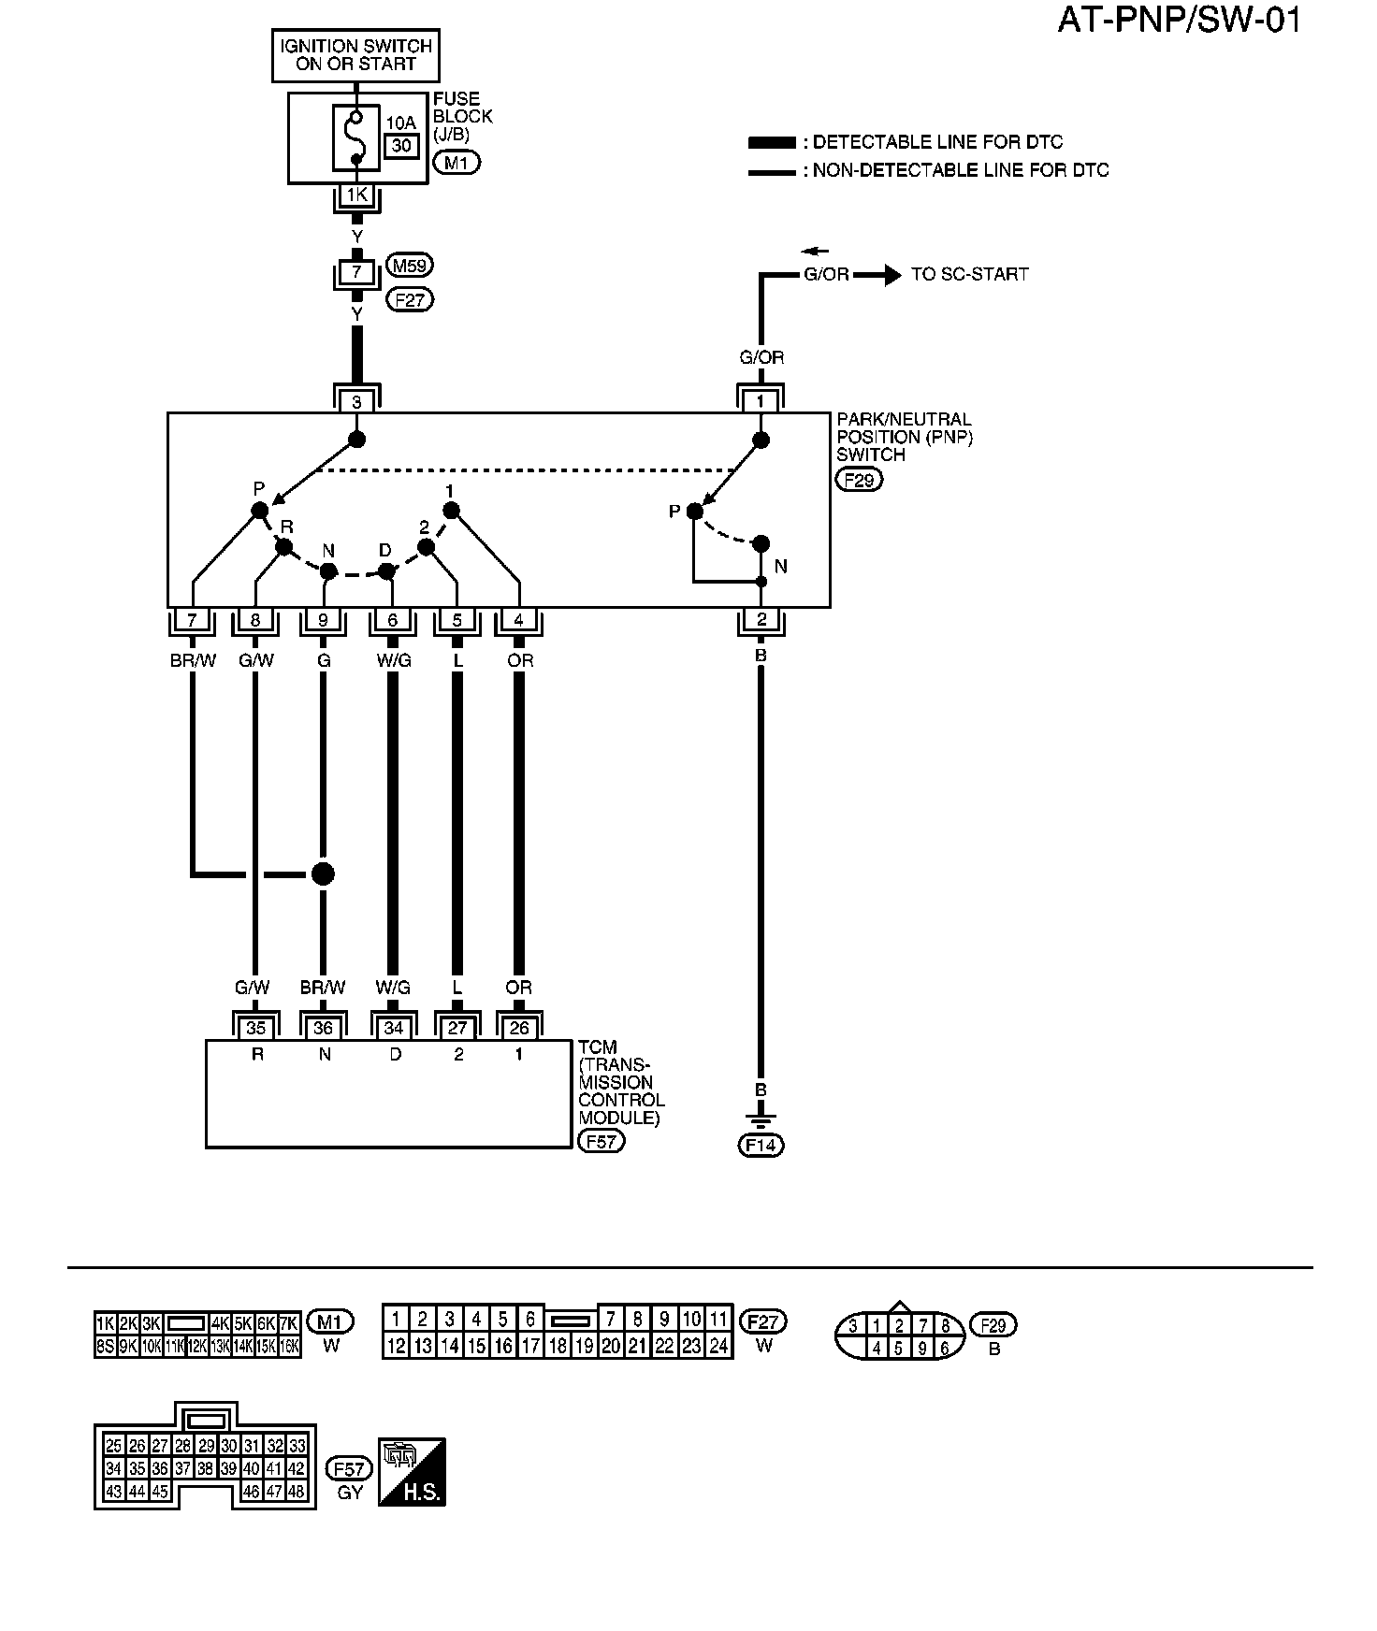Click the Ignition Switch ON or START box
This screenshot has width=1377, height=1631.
pos(355,55)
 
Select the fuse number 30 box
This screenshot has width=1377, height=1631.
pos(401,145)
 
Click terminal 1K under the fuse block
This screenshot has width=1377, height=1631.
pos(356,195)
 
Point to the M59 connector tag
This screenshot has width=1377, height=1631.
pos(410,266)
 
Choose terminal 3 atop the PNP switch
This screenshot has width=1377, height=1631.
pos(356,402)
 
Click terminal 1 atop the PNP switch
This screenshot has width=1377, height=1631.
pos(761,402)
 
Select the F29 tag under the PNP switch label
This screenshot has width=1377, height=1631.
pos(859,480)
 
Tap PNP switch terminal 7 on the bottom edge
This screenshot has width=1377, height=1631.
pos(192,619)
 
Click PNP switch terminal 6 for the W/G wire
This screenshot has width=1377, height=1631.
pos(393,619)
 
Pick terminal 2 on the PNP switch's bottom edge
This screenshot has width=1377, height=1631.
pos(761,619)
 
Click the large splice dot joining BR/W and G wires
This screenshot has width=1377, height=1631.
pos(323,873)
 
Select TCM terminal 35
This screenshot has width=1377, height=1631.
pos(255,1028)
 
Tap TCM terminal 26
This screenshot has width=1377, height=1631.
pos(519,1028)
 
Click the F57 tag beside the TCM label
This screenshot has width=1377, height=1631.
pos(602,1142)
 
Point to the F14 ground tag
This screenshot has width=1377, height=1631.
pos(761,1145)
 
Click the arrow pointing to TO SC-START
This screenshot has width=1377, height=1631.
pos(876,275)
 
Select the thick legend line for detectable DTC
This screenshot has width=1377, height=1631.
pos(772,143)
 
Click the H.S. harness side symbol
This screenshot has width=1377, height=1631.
pos(412,1472)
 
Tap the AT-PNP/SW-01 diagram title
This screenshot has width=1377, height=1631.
pos(1179,21)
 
